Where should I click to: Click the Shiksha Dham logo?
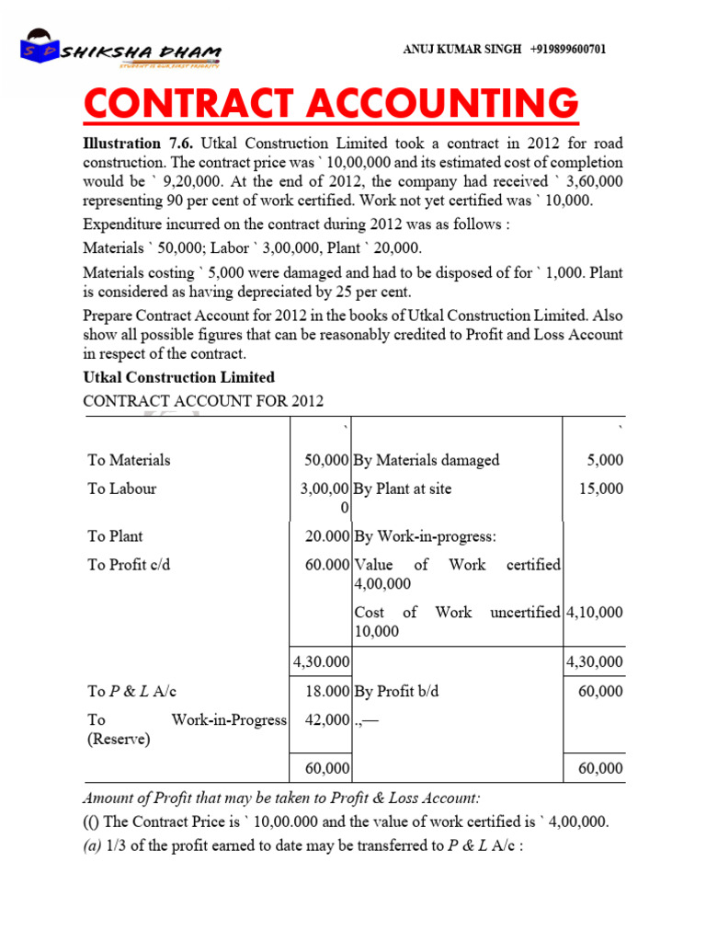coord(120,52)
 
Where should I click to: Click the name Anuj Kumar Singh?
coord(461,50)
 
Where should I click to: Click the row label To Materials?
coord(129,460)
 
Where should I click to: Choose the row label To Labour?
coord(121,488)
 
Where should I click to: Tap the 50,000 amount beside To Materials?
coord(325,460)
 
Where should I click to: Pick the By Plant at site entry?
coord(403,488)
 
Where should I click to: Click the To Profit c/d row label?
coord(129,565)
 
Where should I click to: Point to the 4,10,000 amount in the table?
coord(595,612)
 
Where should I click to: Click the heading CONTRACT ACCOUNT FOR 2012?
coord(203,401)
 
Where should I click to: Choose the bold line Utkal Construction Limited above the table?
coord(178,377)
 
